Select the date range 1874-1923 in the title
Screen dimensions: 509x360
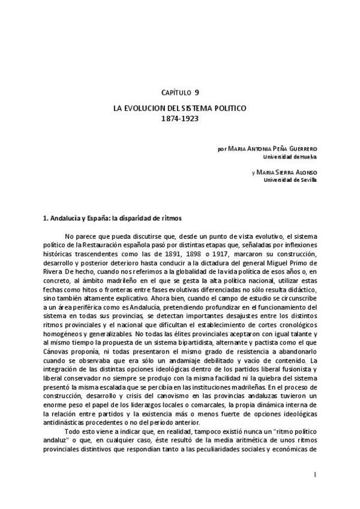(x=180, y=119)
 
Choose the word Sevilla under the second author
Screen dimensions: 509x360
(x=307, y=179)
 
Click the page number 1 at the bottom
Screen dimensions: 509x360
(x=315, y=475)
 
